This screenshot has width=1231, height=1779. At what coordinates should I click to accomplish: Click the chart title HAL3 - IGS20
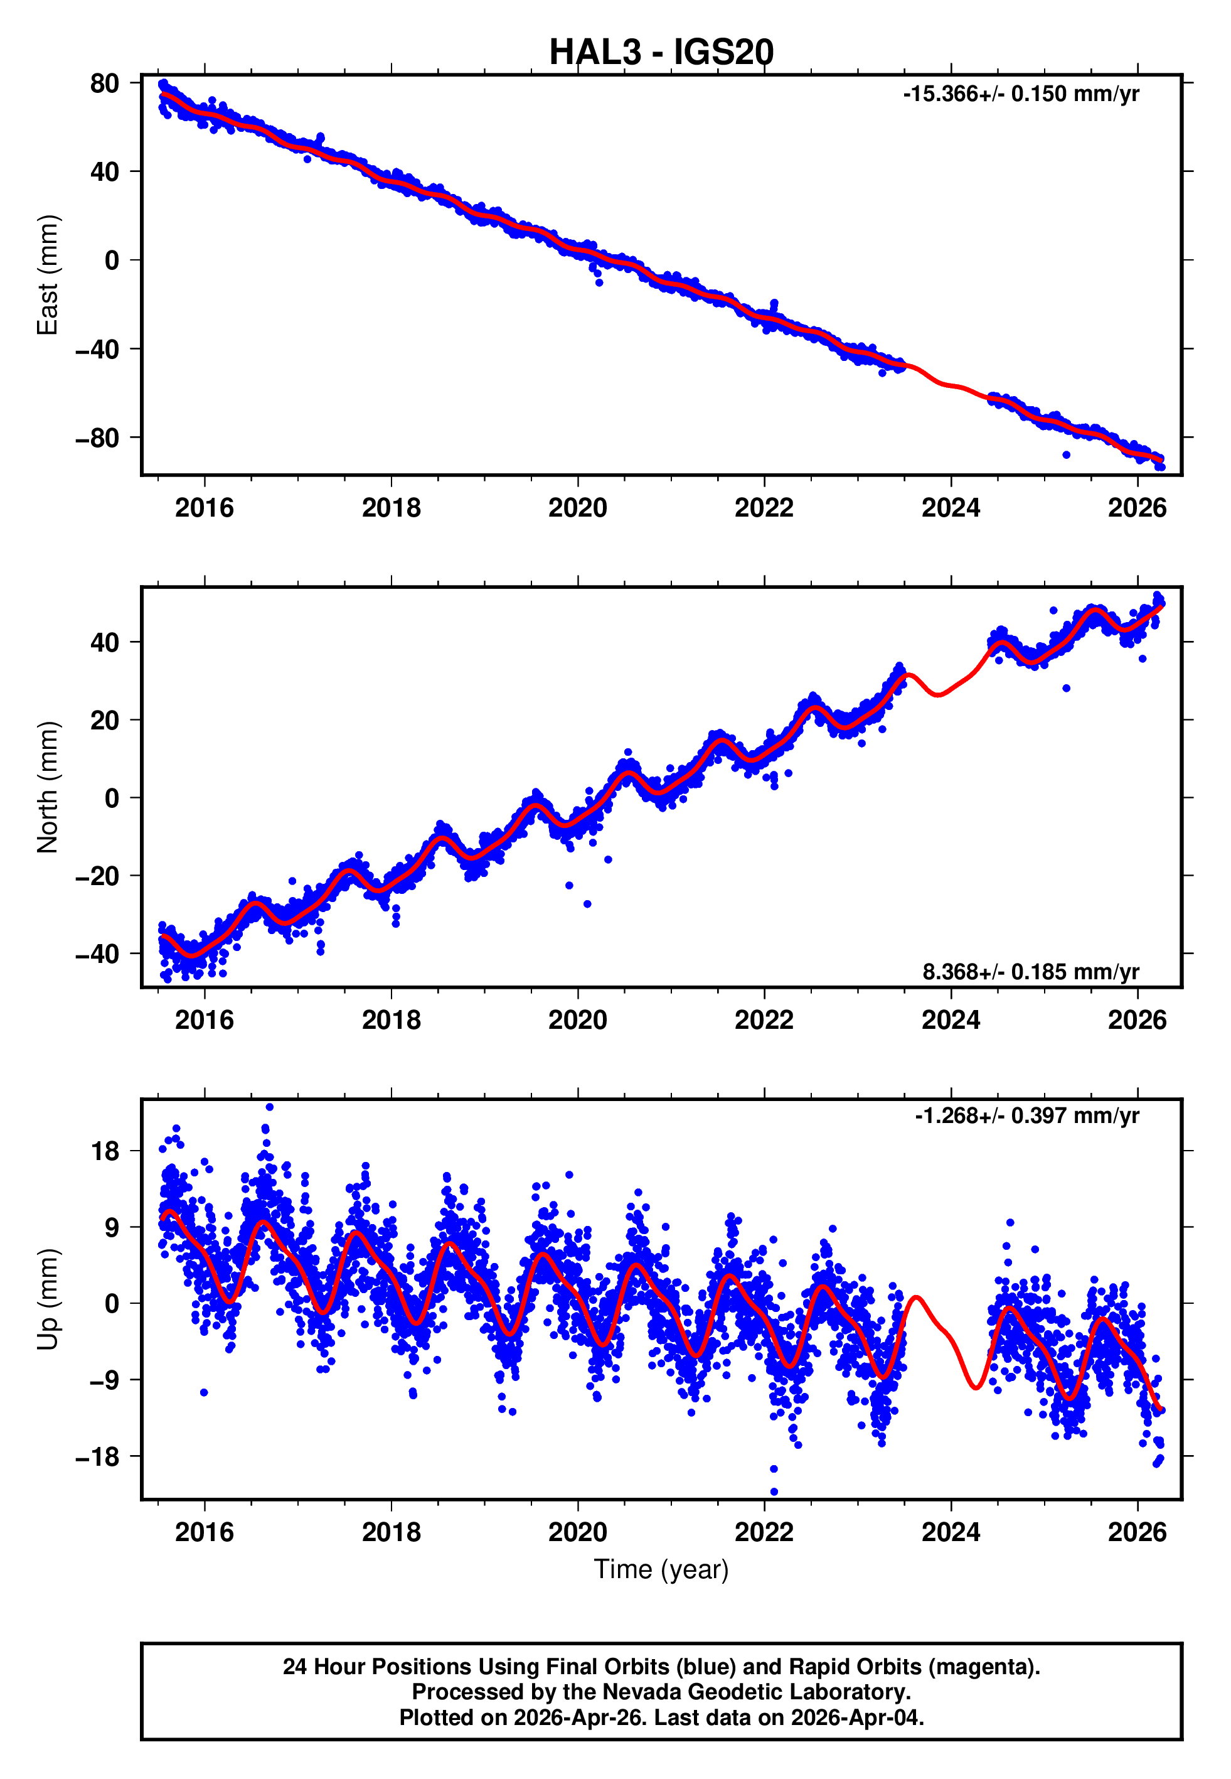point(661,53)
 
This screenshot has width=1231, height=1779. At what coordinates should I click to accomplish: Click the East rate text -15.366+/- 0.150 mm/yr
point(1020,94)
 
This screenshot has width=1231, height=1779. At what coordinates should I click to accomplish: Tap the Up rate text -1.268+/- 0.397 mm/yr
point(1026,1115)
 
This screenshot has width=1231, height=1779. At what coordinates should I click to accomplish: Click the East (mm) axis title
point(48,275)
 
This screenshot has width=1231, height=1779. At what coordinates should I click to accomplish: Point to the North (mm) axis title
point(48,787)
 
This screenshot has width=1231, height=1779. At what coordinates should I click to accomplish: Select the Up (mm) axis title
point(48,1299)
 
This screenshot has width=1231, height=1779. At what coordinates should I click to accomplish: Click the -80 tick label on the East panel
point(97,438)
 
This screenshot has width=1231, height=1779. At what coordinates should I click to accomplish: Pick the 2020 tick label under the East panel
point(578,508)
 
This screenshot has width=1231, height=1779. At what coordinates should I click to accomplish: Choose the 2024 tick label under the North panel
point(951,1021)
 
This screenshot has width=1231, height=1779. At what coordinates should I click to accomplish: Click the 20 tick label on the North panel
point(104,721)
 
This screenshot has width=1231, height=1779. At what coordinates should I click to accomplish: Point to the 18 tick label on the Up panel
point(105,1151)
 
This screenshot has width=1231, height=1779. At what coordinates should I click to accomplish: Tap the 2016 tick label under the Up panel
point(205,1532)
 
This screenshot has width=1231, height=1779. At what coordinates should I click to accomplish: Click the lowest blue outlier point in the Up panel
point(774,1492)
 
